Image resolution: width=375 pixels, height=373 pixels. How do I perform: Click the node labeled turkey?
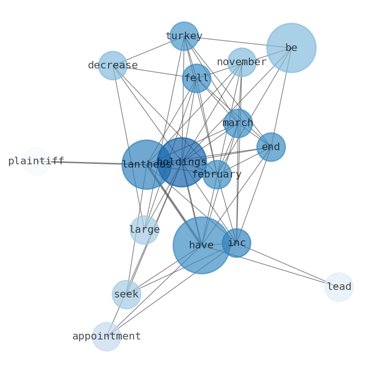(184, 36)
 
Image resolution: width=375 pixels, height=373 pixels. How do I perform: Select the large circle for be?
(291, 48)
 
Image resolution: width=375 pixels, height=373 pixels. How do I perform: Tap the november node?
(242, 62)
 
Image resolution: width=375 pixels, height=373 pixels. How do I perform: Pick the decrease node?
(113, 65)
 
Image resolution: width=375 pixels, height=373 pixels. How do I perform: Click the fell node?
(196, 78)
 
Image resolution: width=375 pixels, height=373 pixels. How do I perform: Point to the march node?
(238, 123)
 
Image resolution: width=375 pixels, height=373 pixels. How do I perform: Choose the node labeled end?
(271, 147)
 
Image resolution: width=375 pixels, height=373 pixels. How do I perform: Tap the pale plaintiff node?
(36, 161)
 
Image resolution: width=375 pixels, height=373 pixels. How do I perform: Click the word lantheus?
(146, 164)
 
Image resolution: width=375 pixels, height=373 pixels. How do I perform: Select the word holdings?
(182, 162)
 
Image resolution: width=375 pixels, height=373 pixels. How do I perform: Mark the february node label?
(217, 175)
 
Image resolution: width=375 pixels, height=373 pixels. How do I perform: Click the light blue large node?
(144, 230)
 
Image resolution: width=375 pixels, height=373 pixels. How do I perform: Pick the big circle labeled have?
(201, 246)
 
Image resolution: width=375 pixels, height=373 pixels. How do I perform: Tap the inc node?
(237, 243)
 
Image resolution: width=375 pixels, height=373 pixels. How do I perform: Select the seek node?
(127, 294)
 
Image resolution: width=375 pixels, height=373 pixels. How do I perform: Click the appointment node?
(107, 337)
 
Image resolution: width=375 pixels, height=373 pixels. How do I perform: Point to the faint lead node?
(339, 287)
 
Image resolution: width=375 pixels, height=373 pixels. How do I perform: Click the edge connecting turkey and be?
(238, 42)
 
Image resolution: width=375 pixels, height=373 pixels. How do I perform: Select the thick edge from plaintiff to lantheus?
(91, 163)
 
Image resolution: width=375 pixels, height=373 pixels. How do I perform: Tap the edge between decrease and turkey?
(148, 51)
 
